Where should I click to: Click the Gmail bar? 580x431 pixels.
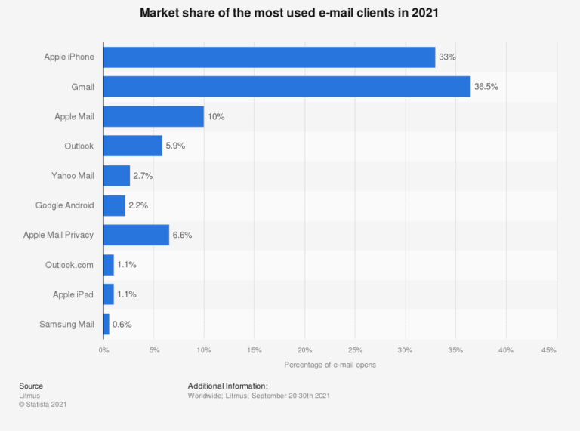click(x=287, y=86)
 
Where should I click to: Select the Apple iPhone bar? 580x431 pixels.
click(x=269, y=57)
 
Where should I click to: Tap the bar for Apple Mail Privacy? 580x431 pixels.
click(x=136, y=235)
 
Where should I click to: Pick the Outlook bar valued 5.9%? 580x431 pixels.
click(x=133, y=146)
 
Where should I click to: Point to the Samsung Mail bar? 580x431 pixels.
click(x=106, y=324)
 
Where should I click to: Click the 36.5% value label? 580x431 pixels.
click(x=486, y=87)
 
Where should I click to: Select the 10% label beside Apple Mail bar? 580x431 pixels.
click(x=217, y=117)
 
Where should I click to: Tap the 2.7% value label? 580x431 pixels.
click(x=143, y=176)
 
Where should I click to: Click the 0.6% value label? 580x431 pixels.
click(x=122, y=325)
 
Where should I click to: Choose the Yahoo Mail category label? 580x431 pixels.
click(x=73, y=176)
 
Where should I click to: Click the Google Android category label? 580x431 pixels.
click(x=65, y=205)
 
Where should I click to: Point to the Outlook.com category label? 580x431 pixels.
click(x=70, y=265)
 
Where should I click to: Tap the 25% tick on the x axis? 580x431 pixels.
click(x=355, y=350)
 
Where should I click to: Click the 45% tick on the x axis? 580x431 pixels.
click(x=549, y=350)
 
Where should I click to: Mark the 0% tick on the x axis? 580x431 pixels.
click(x=103, y=350)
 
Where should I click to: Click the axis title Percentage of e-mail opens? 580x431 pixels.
click(x=330, y=365)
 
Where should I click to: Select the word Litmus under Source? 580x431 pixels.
click(x=29, y=396)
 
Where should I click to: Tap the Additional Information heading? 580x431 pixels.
click(x=228, y=386)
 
